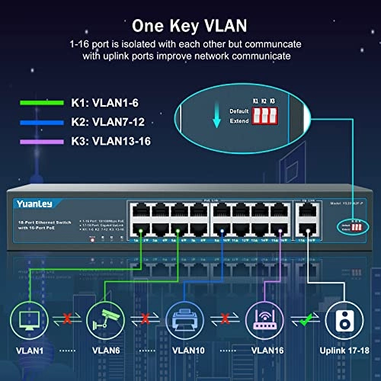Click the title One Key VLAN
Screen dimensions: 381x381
pyautogui.click(x=190, y=21)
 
